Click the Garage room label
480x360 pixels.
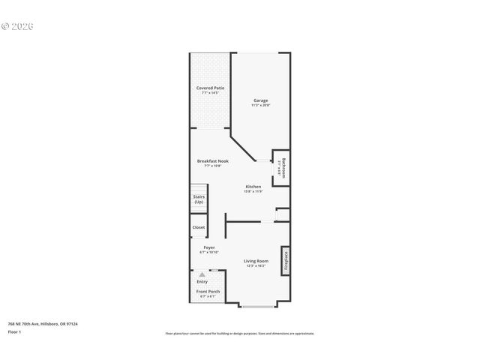point(260,100)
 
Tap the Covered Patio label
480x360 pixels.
point(211,88)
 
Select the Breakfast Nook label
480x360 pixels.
point(213,161)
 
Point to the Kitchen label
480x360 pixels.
point(253,187)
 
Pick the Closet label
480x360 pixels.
point(199,227)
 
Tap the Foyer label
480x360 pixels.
point(209,247)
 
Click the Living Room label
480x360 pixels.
point(256,261)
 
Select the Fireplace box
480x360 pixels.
point(285,260)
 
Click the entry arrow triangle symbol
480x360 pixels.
point(202,275)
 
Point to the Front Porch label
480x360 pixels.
point(208,292)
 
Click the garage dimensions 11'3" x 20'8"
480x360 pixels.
point(260,105)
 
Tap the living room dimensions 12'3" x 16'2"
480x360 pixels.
point(256,265)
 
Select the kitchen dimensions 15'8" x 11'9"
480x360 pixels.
point(253,191)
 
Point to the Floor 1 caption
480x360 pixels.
point(15,331)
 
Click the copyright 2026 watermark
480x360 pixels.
point(18,26)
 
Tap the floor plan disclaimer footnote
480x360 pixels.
point(240,334)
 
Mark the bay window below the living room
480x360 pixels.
point(258,306)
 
